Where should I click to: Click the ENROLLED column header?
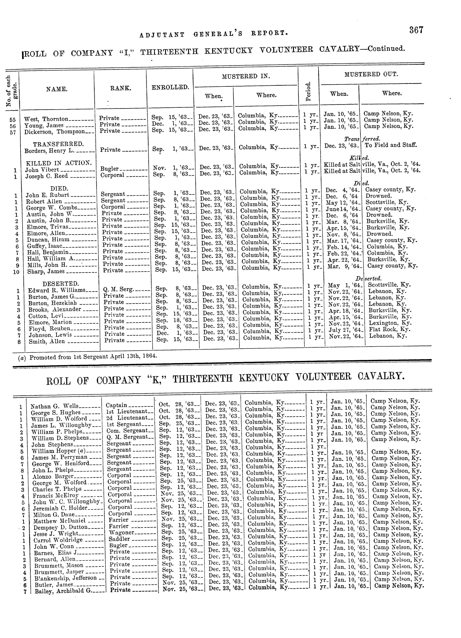click(x=170, y=88)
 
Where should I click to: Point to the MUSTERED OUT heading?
click(x=371, y=75)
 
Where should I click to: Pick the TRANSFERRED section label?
click(x=58, y=144)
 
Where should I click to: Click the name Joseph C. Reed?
click(x=47, y=176)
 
